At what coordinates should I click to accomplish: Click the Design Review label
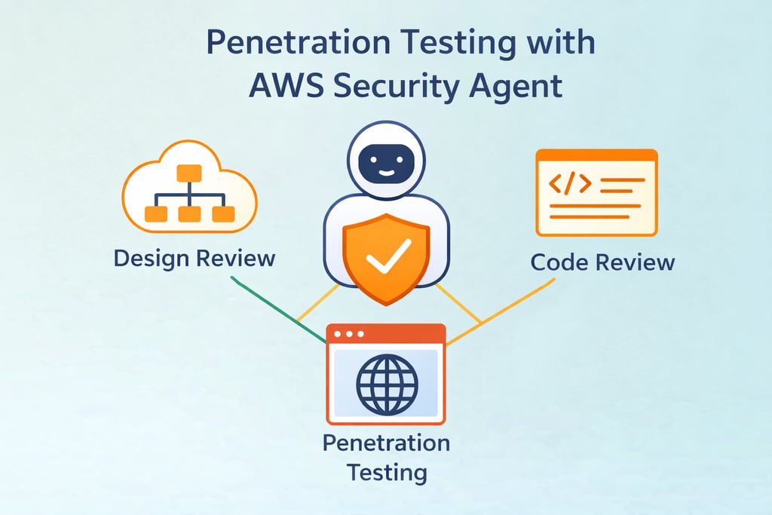click(x=195, y=259)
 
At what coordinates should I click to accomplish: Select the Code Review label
click(x=602, y=262)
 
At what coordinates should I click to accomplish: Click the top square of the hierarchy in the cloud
click(x=189, y=173)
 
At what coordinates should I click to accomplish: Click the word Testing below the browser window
click(x=386, y=473)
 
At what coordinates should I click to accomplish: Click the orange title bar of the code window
click(x=596, y=155)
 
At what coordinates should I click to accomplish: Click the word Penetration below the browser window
click(x=386, y=443)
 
